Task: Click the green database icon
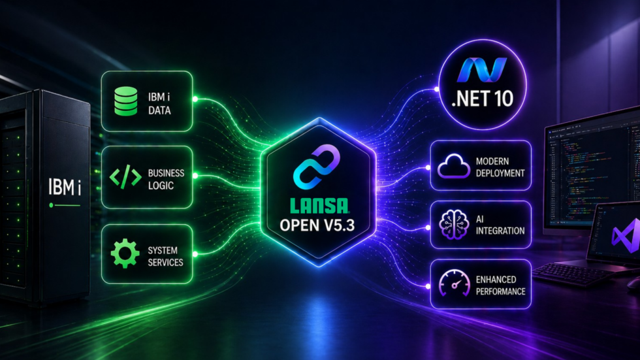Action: click(x=125, y=101)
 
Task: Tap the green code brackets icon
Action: click(x=125, y=177)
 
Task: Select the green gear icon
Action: click(x=125, y=254)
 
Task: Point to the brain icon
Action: click(x=453, y=224)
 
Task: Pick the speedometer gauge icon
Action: click(x=454, y=283)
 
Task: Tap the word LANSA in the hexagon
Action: click(x=319, y=206)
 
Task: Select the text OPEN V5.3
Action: click(x=317, y=225)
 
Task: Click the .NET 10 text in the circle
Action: click(x=483, y=99)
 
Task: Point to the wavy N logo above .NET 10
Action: click(x=482, y=70)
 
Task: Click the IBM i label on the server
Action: click(x=65, y=188)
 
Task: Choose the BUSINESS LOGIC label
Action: click(x=166, y=179)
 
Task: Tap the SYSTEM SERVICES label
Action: click(x=165, y=256)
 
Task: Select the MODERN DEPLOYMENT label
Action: click(x=500, y=167)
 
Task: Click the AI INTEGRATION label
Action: click(x=500, y=225)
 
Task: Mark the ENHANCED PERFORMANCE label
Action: click(x=500, y=286)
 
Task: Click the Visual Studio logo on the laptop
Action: click(x=625, y=235)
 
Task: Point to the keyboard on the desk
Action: click(x=571, y=274)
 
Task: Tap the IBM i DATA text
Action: click(x=159, y=104)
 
